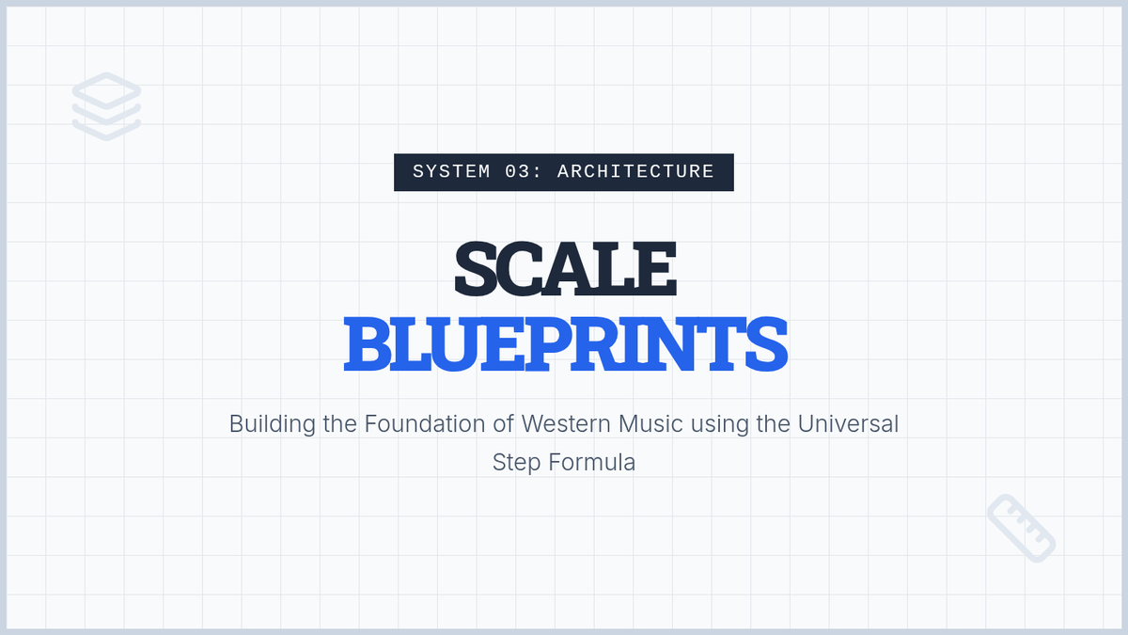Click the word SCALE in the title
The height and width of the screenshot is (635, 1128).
pos(565,268)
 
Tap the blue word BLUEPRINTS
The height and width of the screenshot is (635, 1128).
pos(565,344)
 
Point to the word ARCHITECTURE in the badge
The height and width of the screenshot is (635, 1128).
pos(635,172)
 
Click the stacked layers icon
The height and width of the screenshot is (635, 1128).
pos(106,106)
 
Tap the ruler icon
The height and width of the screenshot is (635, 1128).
pos(1021,528)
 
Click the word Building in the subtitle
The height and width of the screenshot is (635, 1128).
pos(273,424)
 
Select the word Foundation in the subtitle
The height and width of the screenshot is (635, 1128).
pos(425,424)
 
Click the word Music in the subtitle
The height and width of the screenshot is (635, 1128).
pos(650,424)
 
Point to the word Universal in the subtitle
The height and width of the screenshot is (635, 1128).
pos(848,424)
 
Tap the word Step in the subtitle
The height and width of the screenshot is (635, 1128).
pos(516,463)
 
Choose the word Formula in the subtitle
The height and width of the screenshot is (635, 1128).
pos(591,462)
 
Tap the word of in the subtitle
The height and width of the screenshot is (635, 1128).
pos(503,424)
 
